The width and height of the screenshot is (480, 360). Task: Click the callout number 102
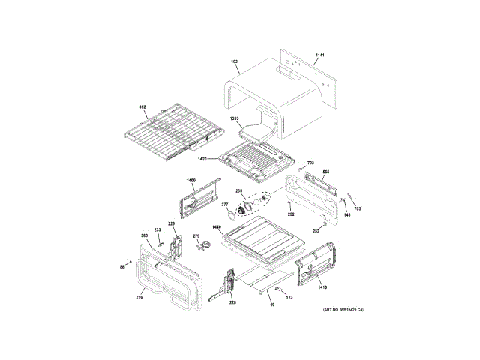234,61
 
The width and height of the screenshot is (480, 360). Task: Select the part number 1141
319,56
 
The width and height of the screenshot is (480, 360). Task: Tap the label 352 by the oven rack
142,107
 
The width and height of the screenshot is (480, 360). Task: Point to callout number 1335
234,119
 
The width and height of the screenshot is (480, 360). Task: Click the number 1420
202,159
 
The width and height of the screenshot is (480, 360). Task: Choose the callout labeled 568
326,172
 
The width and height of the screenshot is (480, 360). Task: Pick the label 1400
190,181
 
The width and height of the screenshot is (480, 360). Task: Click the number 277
224,205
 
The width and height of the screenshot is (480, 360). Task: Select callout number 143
347,216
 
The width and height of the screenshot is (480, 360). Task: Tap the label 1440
216,227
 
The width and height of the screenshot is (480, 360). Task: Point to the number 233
157,230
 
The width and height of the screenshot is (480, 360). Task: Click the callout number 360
144,236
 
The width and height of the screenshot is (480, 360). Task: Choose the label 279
196,236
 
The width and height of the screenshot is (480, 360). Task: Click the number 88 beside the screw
121,266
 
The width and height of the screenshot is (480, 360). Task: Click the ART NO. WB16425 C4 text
343,310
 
